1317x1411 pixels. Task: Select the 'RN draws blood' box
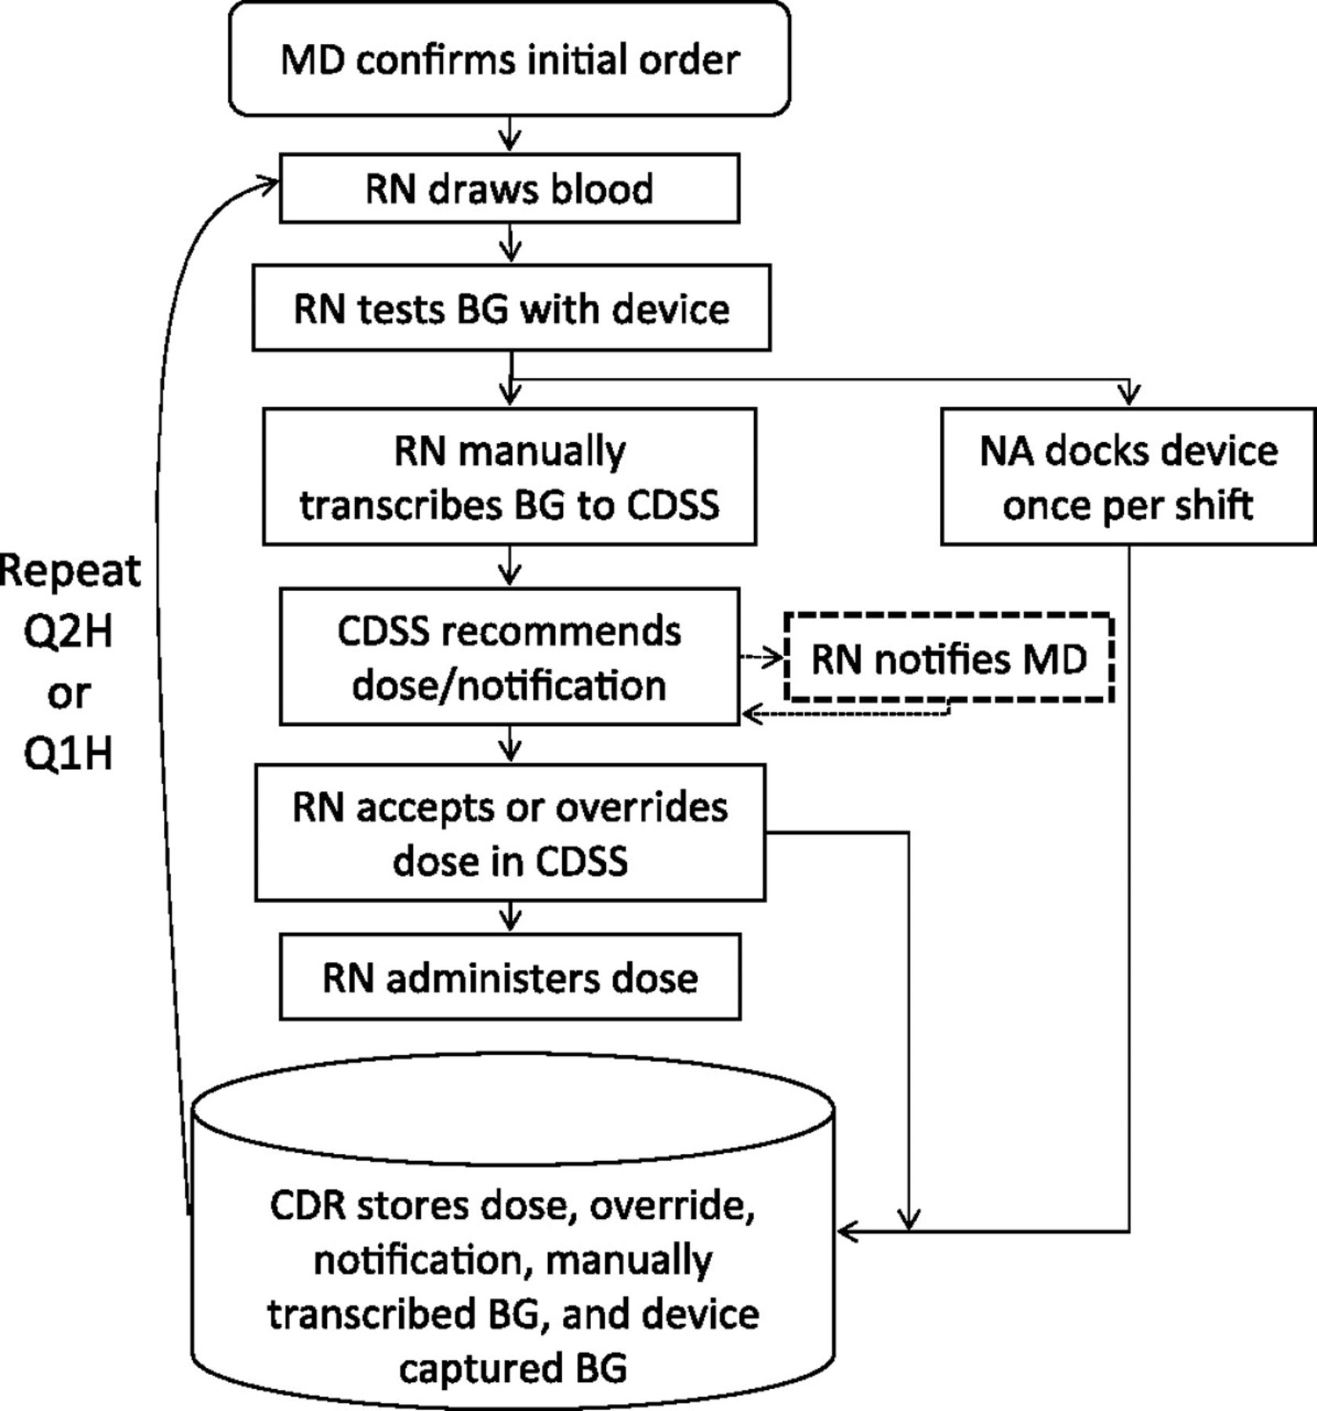510,189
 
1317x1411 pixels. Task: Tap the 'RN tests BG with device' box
511,308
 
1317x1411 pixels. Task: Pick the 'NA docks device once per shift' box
1128,477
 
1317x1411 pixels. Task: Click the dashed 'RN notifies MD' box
949,658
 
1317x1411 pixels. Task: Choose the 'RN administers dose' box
510,978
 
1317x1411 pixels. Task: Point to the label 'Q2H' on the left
69,631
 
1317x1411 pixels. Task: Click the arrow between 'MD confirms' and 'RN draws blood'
510,135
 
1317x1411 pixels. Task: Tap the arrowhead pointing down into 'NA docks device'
1129,396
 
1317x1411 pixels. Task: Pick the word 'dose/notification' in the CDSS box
510,685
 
